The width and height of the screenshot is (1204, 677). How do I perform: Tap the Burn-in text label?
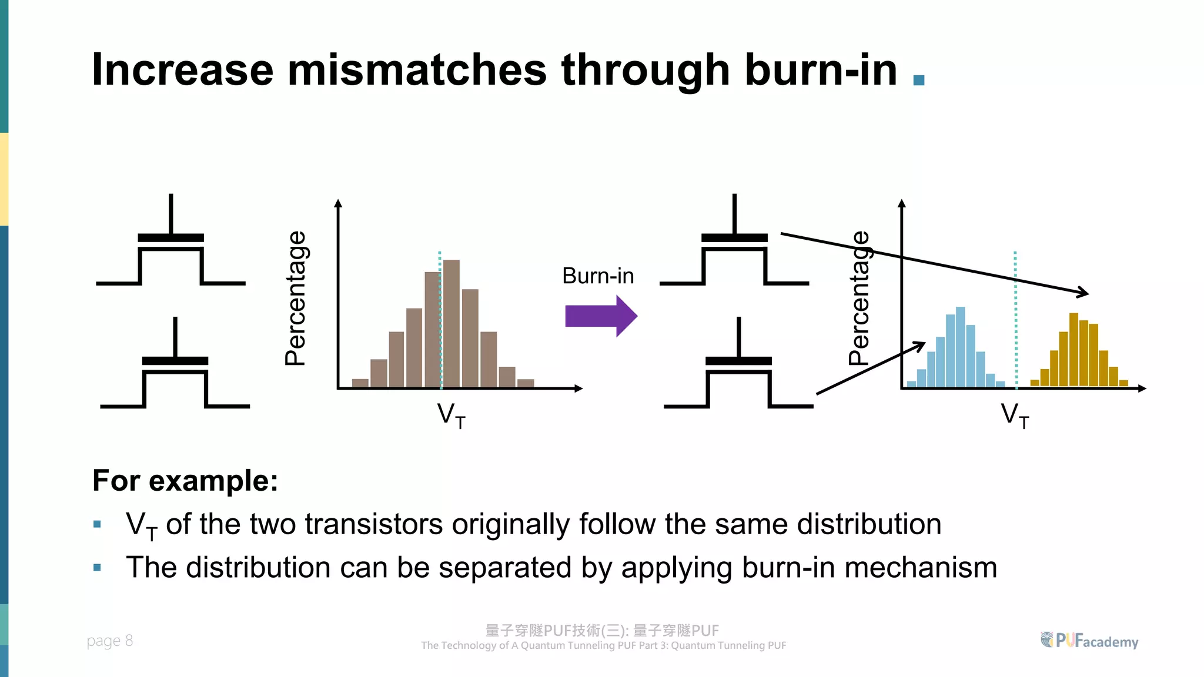pyautogui.click(x=598, y=276)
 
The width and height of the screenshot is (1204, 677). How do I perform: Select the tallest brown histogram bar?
pyautogui.click(x=451, y=323)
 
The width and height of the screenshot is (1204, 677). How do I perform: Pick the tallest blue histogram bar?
pyautogui.click(x=960, y=347)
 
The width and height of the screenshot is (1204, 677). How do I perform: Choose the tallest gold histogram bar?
pyautogui.click(x=1073, y=350)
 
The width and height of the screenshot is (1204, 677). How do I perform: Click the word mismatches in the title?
pyautogui.click(x=417, y=70)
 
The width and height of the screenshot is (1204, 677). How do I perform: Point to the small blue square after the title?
pyautogui.click(x=919, y=80)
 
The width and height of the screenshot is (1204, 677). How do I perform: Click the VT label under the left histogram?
pyautogui.click(x=451, y=415)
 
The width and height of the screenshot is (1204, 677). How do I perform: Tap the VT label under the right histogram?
pyautogui.click(x=1015, y=415)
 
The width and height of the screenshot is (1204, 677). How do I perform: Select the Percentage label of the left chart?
pyautogui.click(x=295, y=298)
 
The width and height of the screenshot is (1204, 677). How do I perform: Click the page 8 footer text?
pyautogui.click(x=110, y=641)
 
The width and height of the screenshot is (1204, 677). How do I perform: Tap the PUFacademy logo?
pyautogui.click(x=1089, y=641)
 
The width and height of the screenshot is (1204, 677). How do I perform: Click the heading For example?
pyautogui.click(x=185, y=481)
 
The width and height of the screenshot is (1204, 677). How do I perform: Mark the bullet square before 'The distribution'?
pyautogui.click(x=98, y=568)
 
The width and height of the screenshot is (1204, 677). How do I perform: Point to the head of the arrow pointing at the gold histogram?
pyautogui.click(x=1085, y=293)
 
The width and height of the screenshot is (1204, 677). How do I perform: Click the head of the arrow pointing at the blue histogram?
pyautogui.click(x=921, y=344)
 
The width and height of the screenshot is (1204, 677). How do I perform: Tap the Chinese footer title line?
pyautogui.click(x=602, y=631)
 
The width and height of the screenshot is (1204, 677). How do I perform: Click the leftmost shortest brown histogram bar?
pyautogui.click(x=360, y=383)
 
